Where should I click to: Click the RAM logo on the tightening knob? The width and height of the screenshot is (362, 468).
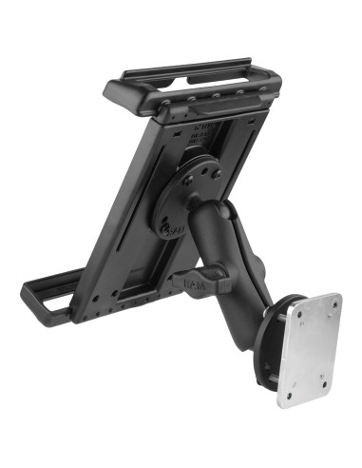(x=187, y=282)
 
